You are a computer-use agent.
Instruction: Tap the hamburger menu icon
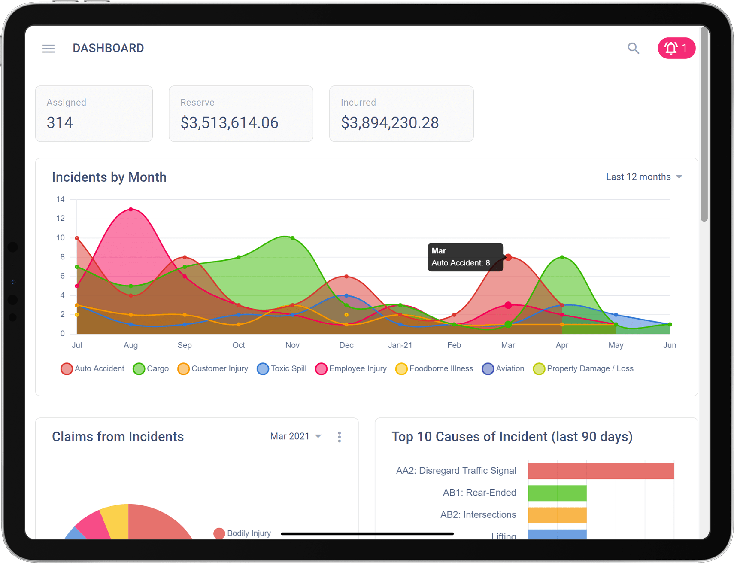coord(49,49)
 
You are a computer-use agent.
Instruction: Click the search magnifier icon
coord(633,48)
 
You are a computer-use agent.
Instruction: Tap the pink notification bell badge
coord(676,48)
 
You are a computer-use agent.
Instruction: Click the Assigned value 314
coord(60,123)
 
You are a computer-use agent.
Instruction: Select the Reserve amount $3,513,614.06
coord(229,123)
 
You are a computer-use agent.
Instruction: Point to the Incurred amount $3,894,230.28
coord(389,123)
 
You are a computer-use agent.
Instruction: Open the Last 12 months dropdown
coord(643,177)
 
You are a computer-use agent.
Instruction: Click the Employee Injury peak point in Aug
coord(131,210)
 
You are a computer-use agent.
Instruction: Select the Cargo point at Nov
coord(292,238)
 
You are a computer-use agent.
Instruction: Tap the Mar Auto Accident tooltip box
coord(465,257)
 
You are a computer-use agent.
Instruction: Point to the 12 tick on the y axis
coord(61,219)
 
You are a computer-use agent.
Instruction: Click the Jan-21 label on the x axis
coord(400,345)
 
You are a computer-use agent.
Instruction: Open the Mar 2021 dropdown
coord(295,437)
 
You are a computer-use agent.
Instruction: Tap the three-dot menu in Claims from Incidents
coord(339,437)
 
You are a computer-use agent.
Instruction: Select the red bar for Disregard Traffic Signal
coord(601,471)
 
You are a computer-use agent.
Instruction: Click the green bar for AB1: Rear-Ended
coord(557,493)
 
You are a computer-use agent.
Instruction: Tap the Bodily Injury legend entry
coord(243,533)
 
